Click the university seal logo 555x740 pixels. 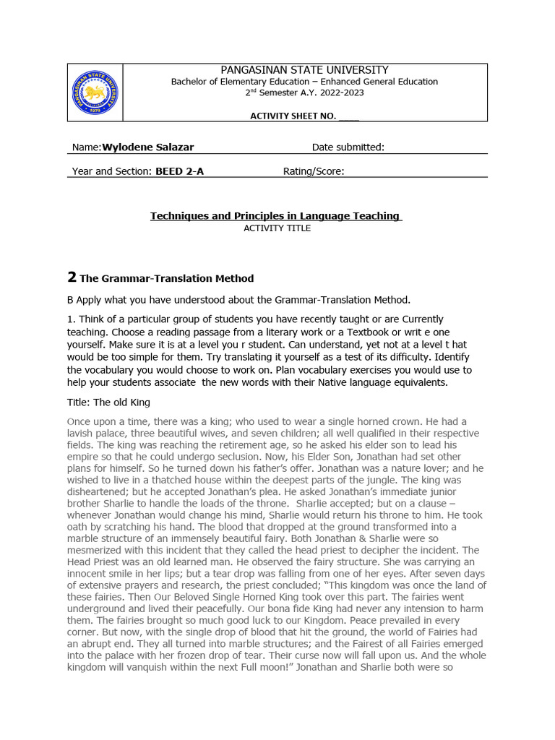[x=95, y=92]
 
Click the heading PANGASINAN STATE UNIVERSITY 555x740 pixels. [x=304, y=70]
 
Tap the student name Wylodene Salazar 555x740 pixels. [x=148, y=147]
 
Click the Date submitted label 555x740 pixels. [x=348, y=147]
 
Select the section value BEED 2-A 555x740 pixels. [x=179, y=171]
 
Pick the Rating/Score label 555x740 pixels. [x=313, y=171]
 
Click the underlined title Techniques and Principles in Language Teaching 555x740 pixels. [x=275, y=216]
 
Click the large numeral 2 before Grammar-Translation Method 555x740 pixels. [x=72, y=277]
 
